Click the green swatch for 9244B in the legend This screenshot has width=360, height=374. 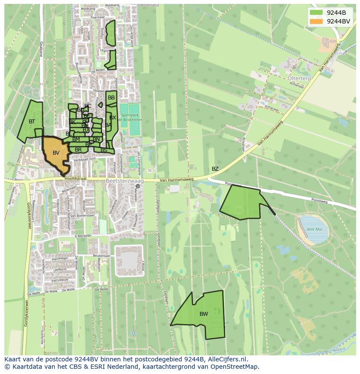[x=317, y=12]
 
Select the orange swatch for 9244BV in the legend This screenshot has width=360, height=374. [x=317, y=21]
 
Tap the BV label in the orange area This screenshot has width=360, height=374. [x=56, y=153]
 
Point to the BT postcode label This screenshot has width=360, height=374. [x=32, y=122]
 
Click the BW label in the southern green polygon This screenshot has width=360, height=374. [x=203, y=314]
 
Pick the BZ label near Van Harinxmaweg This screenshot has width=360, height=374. [x=215, y=169]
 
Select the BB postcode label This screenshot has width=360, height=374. [x=111, y=98]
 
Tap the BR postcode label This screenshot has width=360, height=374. [x=78, y=150]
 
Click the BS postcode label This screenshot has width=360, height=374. [x=104, y=150]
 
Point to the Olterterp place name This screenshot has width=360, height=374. [x=300, y=78]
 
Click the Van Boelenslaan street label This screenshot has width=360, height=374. [x=83, y=215]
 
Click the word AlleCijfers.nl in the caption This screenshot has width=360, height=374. [x=226, y=360]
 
